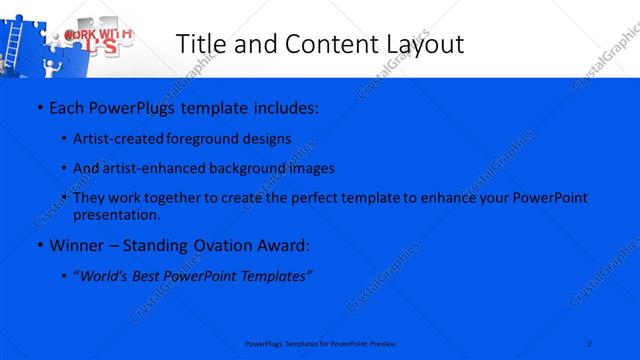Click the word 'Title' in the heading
coord(199,44)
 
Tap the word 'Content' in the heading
coord(318,44)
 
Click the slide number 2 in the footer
coord(590,343)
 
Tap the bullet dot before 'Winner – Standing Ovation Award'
coord(39,245)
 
